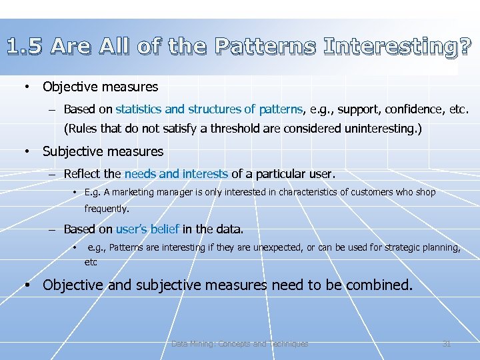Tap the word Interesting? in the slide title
pyautogui.click(x=397, y=46)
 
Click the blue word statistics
pyautogui.click(x=139, y=109)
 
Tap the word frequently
pyautogui.click(x=107, y=209)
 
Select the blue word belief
pyautogui.click(x=165, y=229)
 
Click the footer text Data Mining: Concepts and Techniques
pyautogui.click(x=240, y=344)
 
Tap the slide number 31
pyautogui.click(x=447, y=344)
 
